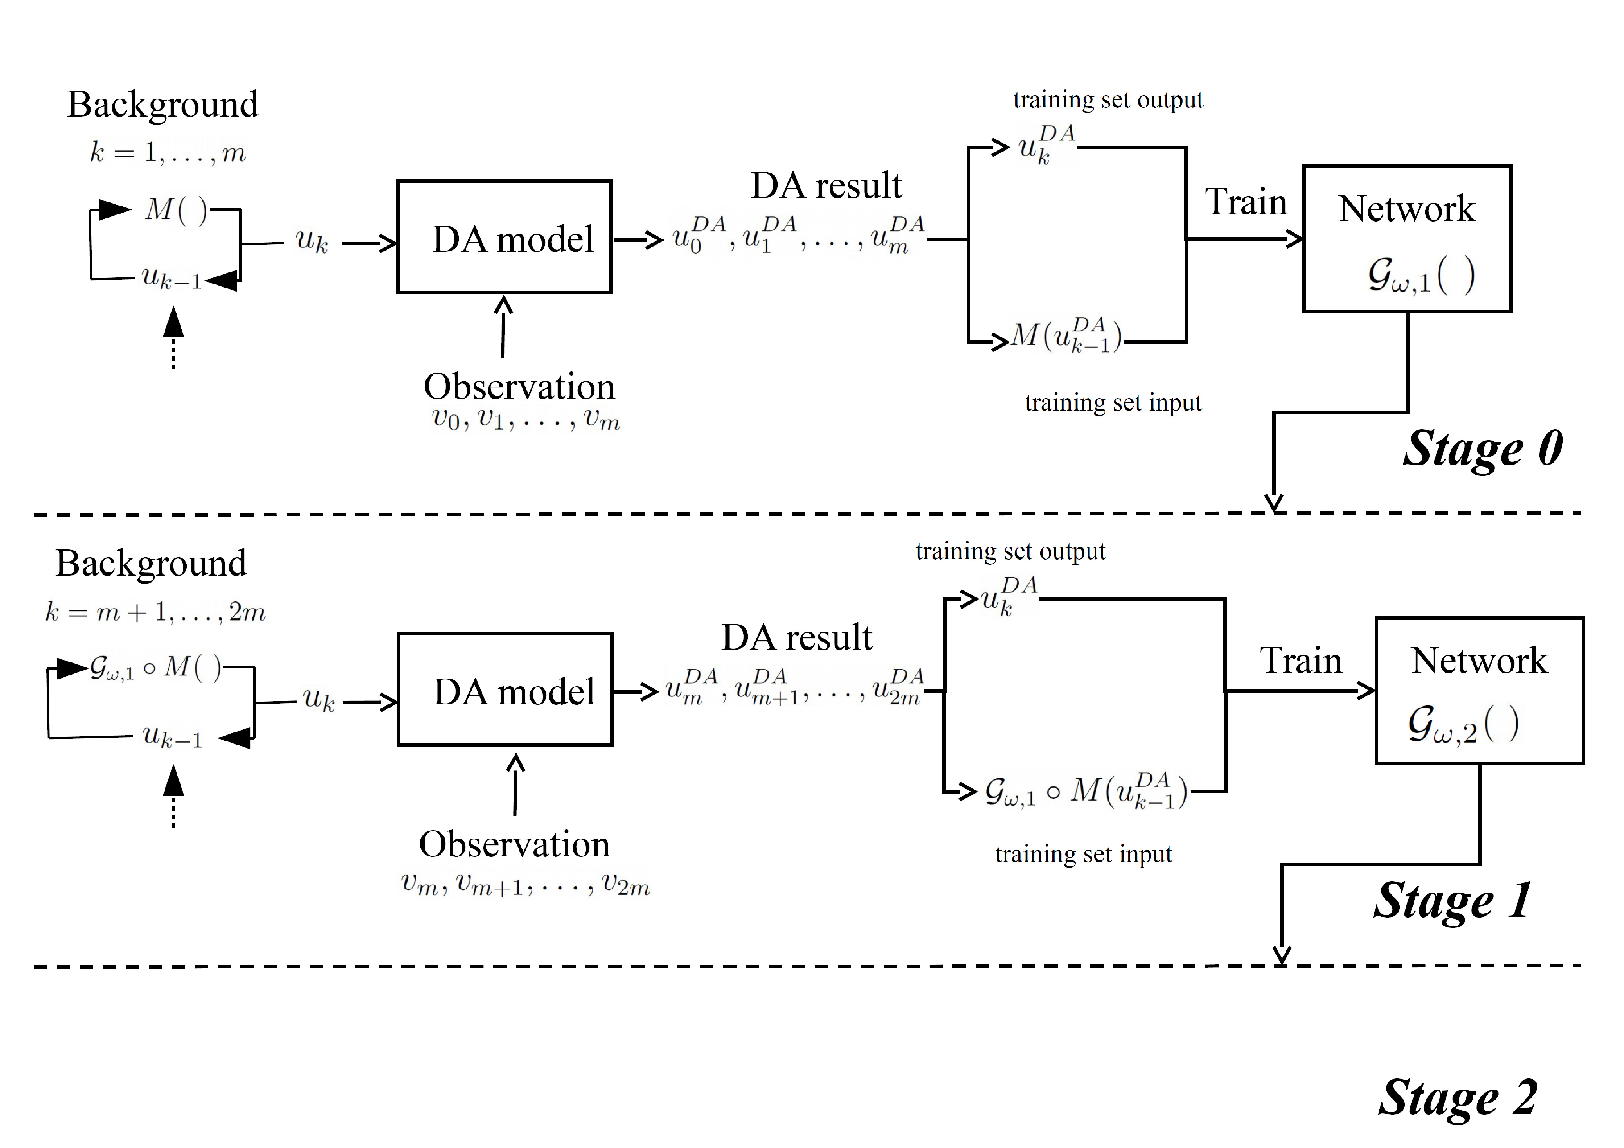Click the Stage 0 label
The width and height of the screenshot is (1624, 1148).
[1483, 449]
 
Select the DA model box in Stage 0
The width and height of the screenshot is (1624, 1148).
[504, 237]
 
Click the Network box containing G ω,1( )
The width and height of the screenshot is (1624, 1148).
[1407, 239]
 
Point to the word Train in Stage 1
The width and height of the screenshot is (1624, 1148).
[1301, 661]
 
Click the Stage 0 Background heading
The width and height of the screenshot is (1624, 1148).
[163, 105]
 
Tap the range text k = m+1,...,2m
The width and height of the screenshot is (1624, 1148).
[156, 612]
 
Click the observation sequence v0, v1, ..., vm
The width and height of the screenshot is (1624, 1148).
[526, 420]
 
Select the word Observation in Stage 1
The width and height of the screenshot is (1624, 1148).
[514, 844]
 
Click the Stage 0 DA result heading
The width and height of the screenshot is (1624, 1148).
[826, 185]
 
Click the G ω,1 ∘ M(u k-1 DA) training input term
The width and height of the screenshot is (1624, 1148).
[1086, 791]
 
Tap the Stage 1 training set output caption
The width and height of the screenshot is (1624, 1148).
[1010, 551]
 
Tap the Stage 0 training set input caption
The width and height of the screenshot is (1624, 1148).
[1113, 403]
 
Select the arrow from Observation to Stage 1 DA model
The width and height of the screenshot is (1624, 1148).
[515, 785]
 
